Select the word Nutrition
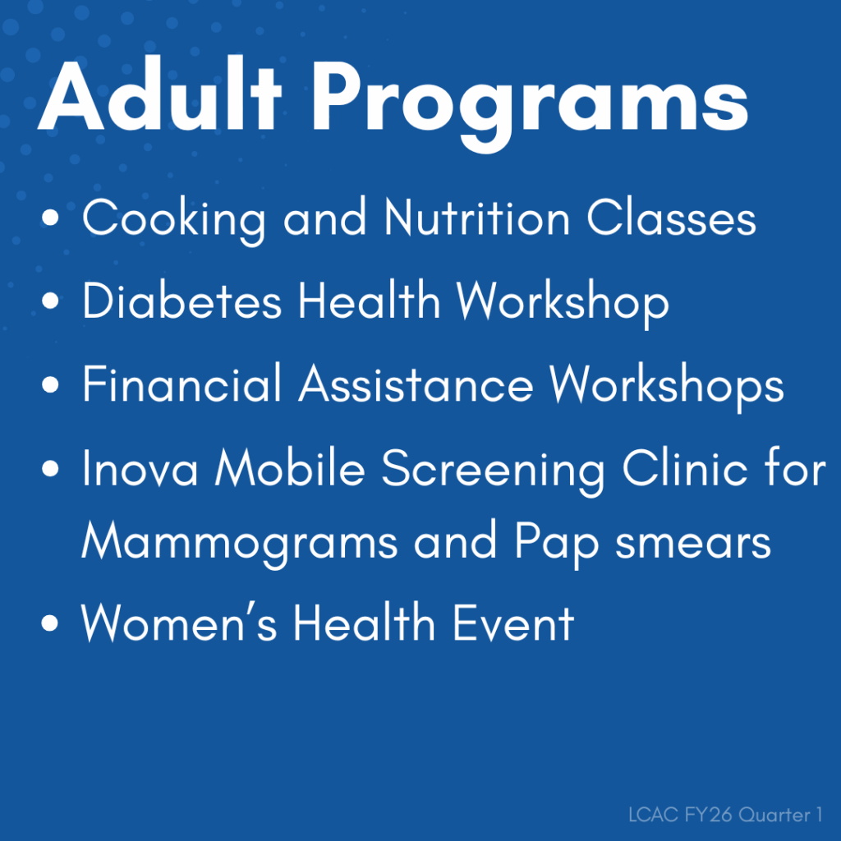477,218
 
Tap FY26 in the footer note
702,816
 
